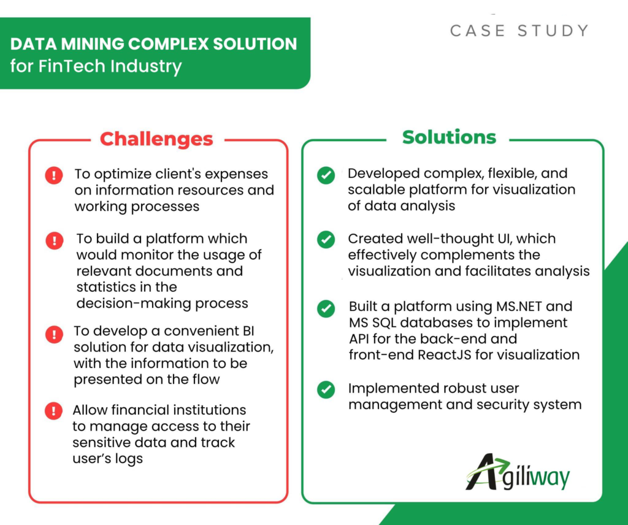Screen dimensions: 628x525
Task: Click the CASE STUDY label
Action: click(x=519, y=31)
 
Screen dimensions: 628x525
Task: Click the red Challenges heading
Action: click(x=156, y=139)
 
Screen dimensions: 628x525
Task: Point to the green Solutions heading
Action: click(x=449, y=137)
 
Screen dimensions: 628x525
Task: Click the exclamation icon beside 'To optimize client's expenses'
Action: click(x=54, y=175)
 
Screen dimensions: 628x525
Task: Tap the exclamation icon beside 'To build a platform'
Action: click(x=54, y=240)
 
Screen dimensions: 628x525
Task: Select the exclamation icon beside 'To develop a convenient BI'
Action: click(x=54, y=334)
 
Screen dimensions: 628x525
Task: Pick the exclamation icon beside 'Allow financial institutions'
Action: click(x=54, y=411)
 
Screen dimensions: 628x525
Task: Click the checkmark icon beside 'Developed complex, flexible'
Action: click(x=326, y=175)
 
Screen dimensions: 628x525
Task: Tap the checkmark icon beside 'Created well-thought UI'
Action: click(x=326, y=239)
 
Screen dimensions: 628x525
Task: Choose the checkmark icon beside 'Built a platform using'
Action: click(x=326, y=308)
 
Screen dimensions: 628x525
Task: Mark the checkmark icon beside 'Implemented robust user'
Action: click(x=326, y=389)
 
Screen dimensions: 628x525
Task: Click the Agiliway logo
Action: click(x=518, y=472)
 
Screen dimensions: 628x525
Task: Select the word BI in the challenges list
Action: click(x=248, y=331)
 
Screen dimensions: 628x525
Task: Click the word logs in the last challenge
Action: click(x=129, y=459)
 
